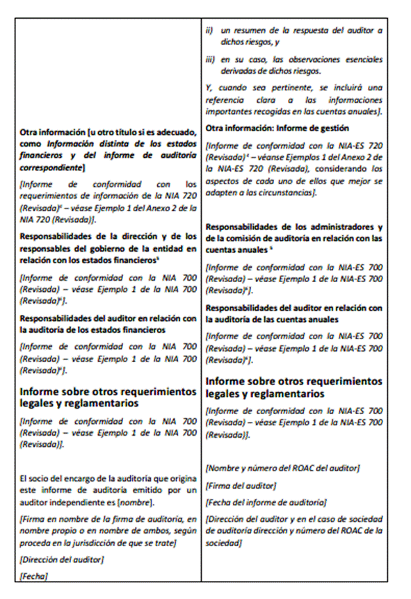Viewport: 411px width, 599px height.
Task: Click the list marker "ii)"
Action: point(209,31)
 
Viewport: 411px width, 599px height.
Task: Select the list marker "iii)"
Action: point(210,60)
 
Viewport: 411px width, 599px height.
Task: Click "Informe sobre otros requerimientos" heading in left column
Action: point(108,392)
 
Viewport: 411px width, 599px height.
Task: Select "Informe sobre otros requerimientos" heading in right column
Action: point(294,381)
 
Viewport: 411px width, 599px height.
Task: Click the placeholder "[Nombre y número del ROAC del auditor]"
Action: point(282,468)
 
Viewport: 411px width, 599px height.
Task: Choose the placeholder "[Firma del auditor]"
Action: point(241,485)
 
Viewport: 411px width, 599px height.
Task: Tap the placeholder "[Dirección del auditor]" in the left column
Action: point(62,559)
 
